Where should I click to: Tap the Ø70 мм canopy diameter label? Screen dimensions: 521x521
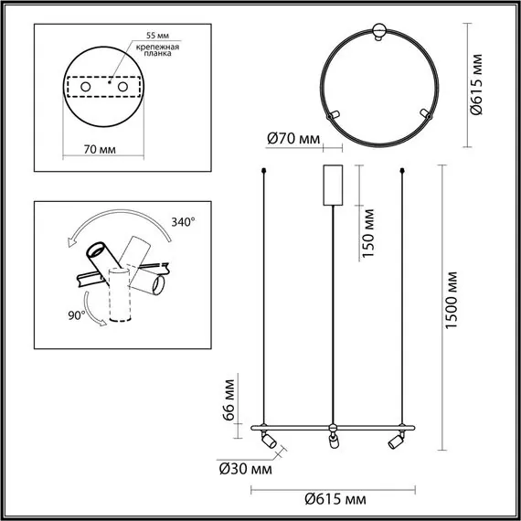(293, 139)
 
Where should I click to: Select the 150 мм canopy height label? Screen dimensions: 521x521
(369, 234)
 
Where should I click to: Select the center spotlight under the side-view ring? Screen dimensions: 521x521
(331, 442)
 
